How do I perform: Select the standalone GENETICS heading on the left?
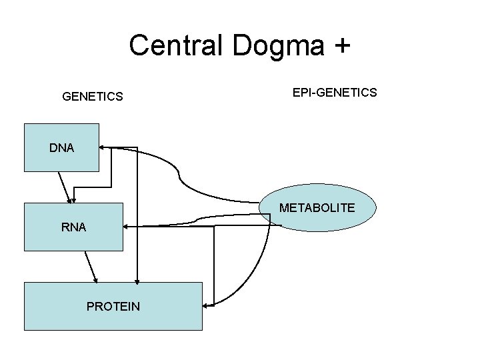click(x=92, y=97)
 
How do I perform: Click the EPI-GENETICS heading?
click(x=335, y=92)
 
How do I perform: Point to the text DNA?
click(x=61, y=148)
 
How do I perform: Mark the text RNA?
click(x=73, y=227)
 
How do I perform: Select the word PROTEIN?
click(x=113, y=307)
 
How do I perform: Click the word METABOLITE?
click(x=317, y=208)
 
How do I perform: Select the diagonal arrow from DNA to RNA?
click(x=65, y=187)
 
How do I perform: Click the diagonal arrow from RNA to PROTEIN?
click(x=91, y=266)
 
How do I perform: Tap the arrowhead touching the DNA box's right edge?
click(x=102, y=147)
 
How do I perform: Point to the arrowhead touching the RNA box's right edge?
click(x=127, y=227)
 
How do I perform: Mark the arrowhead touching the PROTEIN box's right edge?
click(x=205, y=305)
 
